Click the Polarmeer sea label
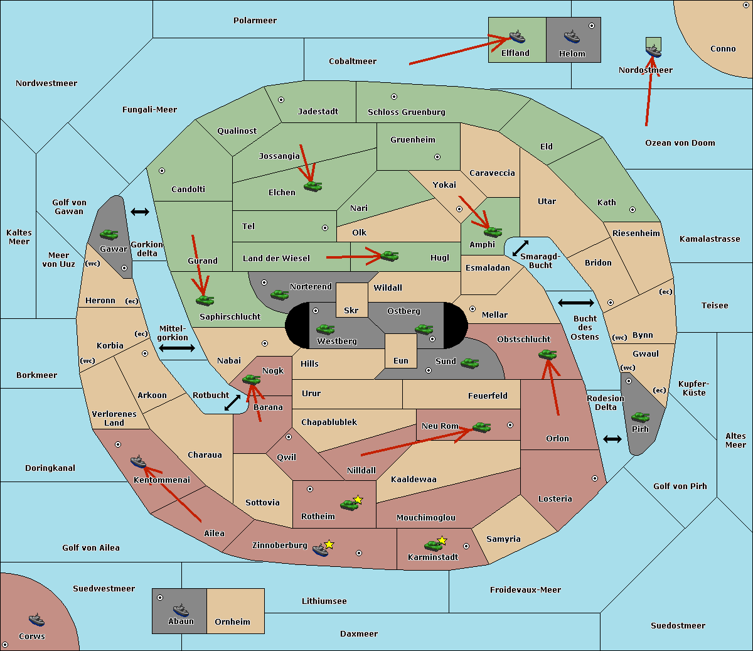255,21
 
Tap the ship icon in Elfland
517,36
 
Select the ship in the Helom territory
571,36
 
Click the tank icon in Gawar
109,234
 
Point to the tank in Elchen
312,186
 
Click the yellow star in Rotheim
358,500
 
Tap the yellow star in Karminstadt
442,540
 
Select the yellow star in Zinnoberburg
329,544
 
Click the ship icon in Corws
37,620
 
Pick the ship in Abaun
181,610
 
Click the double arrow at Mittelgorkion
177,348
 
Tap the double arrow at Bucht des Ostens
575,303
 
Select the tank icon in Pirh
640,417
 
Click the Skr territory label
351,310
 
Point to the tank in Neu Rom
481,427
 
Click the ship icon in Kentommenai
138,462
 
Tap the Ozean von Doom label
680,143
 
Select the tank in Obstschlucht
547,354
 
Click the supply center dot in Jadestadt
281,99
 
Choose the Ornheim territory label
232,622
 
